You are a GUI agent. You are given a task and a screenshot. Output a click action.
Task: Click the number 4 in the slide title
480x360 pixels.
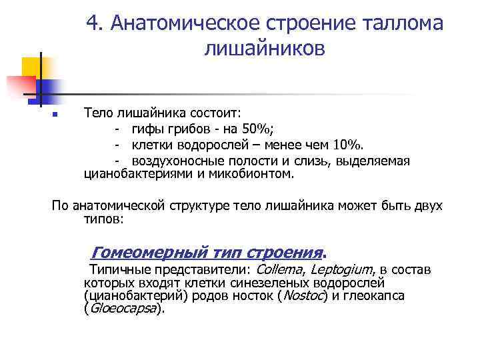[x=93, y=24]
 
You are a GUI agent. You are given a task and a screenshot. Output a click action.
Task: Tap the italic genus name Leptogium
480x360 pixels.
[x=341, y=269]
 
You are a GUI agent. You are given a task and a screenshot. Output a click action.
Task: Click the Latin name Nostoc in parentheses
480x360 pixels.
[x=302, y=295]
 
